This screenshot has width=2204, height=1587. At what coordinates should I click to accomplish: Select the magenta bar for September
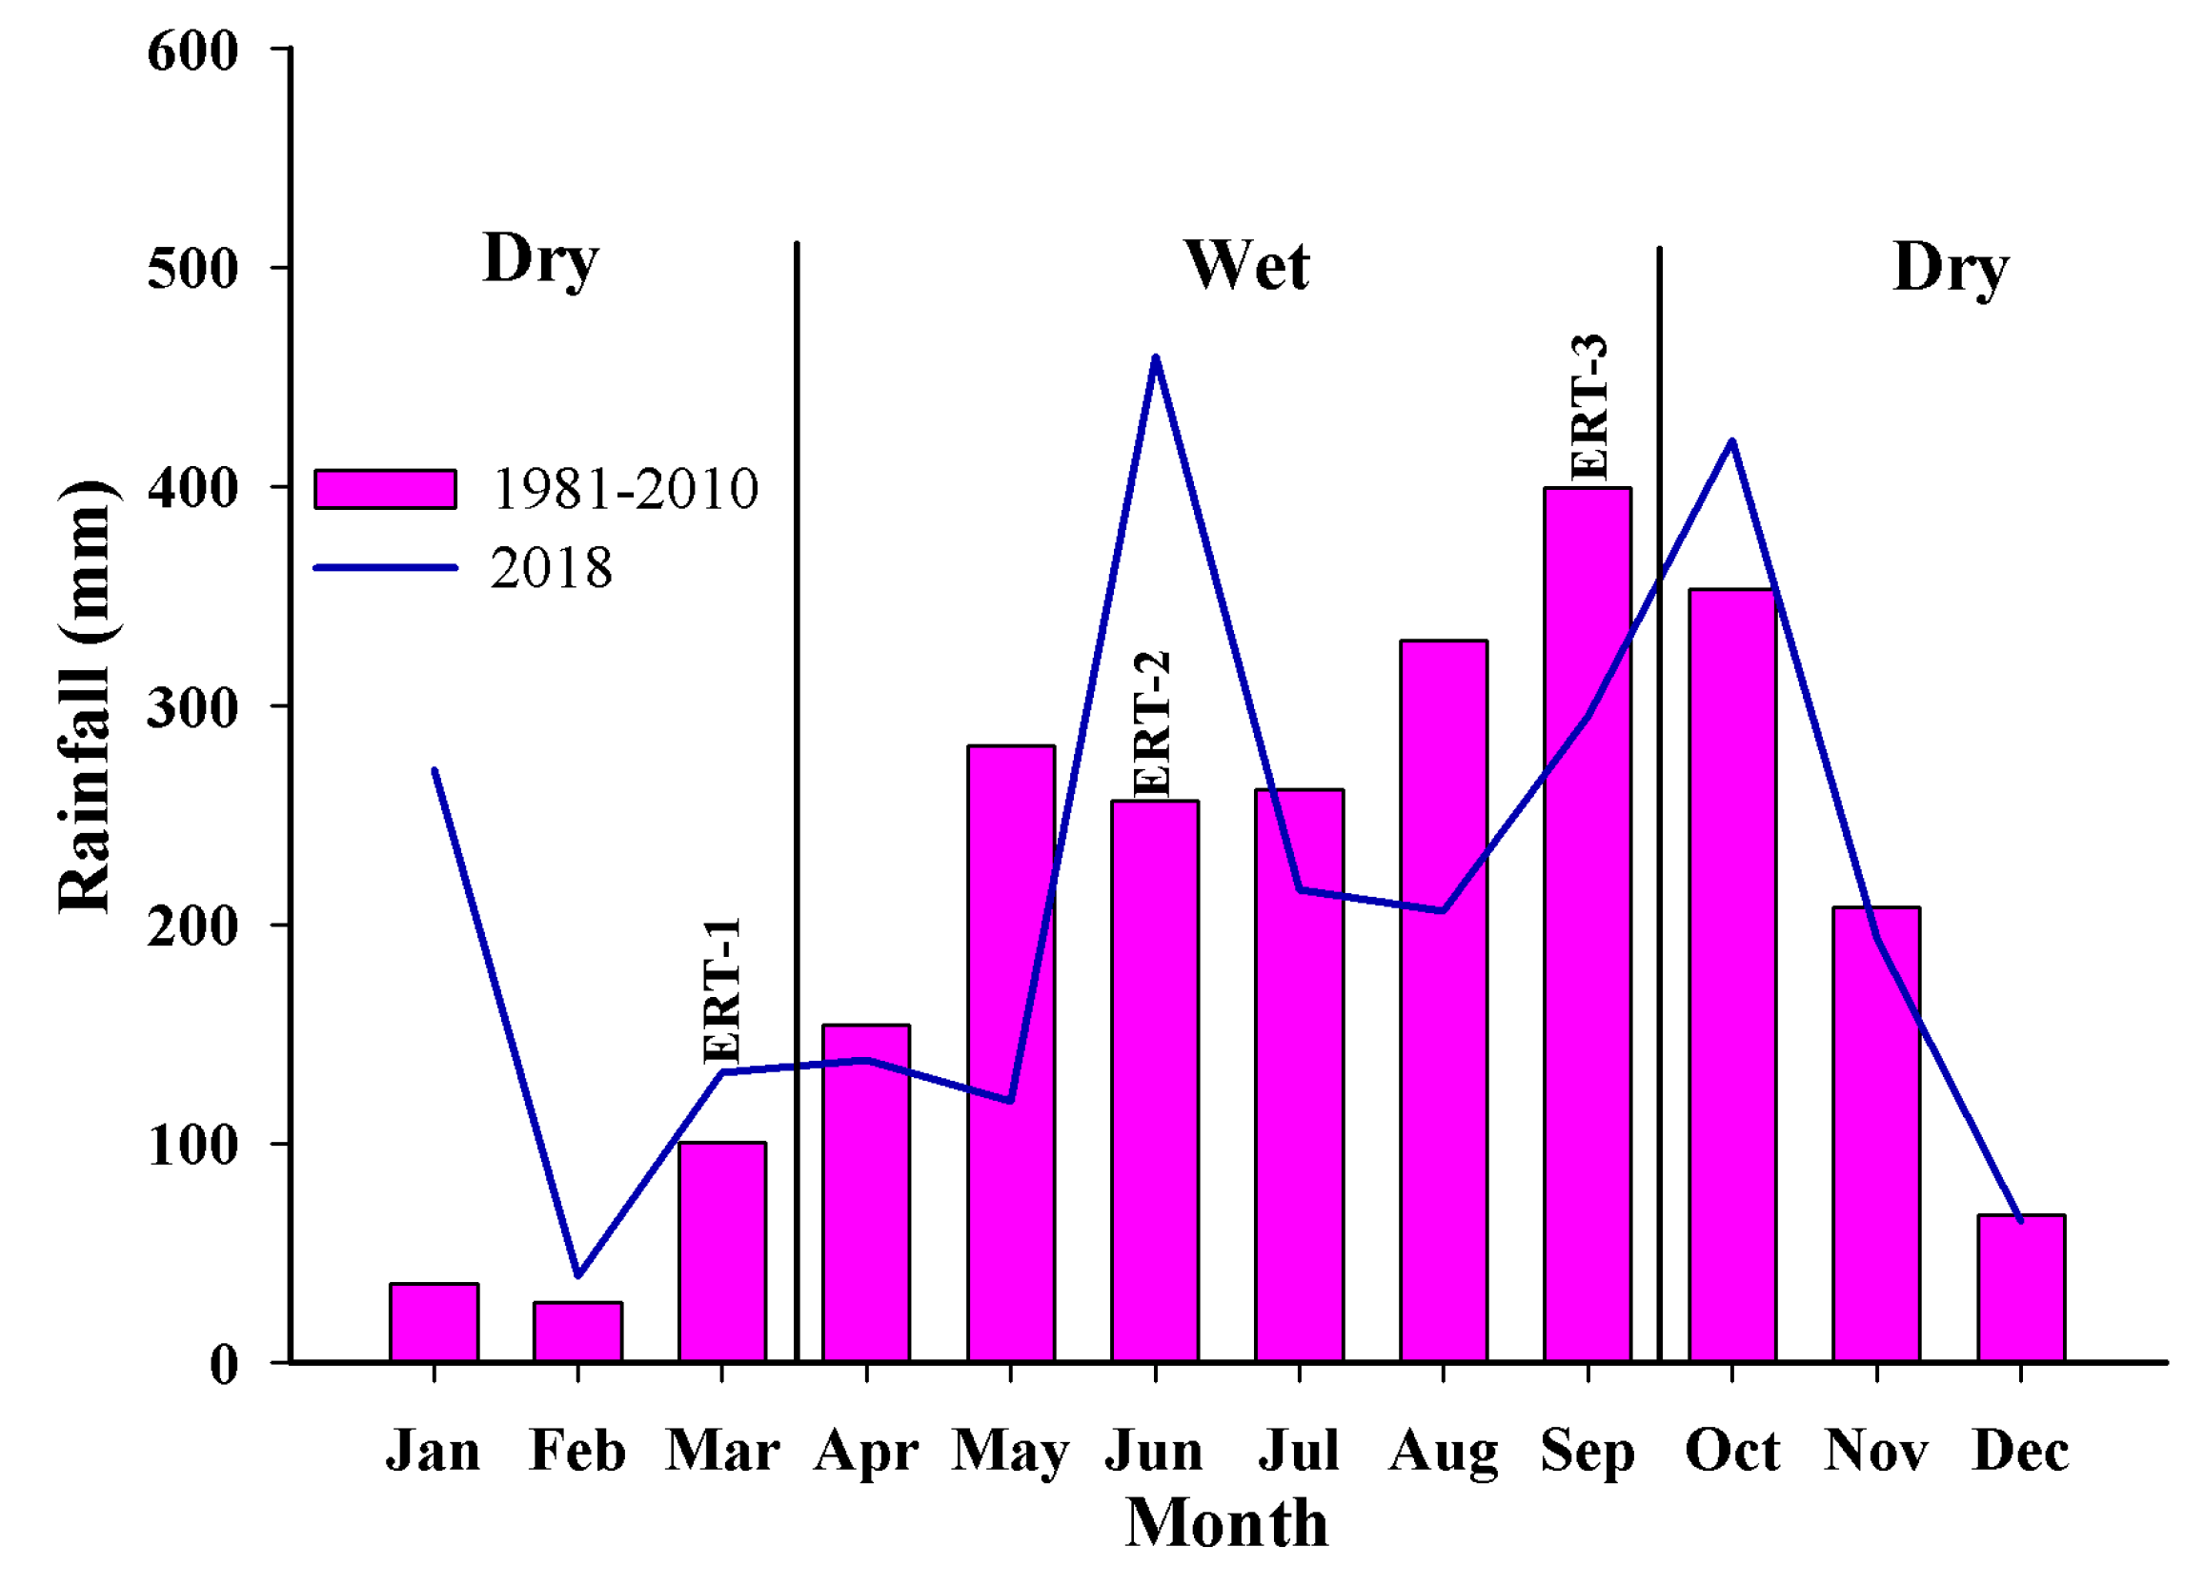[1587, 924]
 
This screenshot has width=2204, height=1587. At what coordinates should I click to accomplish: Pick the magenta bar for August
[1443, 1001]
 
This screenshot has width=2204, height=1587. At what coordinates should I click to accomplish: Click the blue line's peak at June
[1155, 357]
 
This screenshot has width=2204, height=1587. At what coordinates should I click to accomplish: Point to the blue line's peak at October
[1731, 441]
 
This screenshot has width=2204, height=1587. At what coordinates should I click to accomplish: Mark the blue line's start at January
[435, 771]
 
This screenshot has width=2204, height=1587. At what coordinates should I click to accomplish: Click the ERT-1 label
[722, 990]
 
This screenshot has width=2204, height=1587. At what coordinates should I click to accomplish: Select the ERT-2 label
[1154, 724]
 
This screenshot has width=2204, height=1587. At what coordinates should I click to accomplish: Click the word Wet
[1246, 265]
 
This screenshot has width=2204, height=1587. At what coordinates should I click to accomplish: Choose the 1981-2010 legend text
[625, 489]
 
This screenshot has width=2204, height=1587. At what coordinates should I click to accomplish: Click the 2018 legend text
[551, 568]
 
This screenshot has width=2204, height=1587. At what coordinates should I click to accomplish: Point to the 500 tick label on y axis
[192, 268]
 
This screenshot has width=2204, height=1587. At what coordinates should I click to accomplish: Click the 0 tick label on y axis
[224, 1365]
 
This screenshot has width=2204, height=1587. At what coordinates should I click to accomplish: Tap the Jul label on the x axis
[1299, 1451]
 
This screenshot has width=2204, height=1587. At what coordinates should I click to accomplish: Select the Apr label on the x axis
[865, 1453]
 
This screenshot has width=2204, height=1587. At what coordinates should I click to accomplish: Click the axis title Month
[1226, 1524]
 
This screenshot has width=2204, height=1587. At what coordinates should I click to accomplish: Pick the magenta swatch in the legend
[385, 489]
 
